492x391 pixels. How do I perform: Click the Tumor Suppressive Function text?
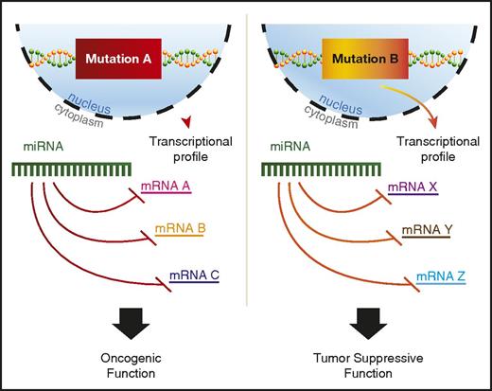click(370, 364)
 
